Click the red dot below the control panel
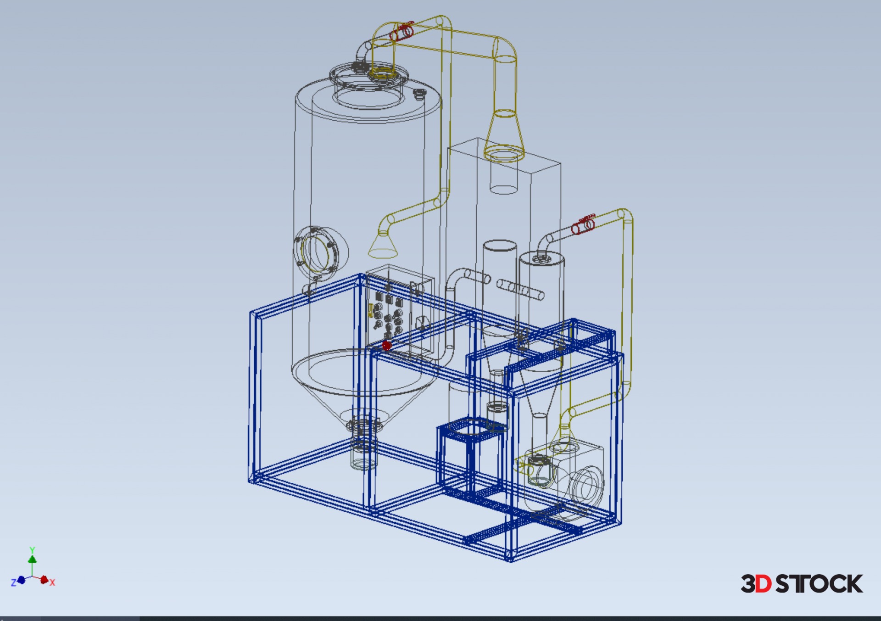point(386,345)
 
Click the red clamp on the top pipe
point(402,31)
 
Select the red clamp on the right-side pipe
point(583,224)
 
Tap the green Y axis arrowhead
point(32,559)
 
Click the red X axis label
point(52,582)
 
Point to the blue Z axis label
point(13,582)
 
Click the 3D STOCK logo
point(802,583)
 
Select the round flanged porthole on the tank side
point(320,251)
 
